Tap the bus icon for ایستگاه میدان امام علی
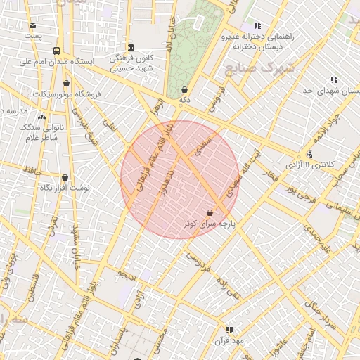pos(57,51)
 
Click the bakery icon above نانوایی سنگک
pos(41,117)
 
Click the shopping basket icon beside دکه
pos(184,90)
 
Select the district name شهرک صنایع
pos(250,68)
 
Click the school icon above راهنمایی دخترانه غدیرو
pos(257,25)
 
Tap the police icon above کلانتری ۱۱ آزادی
pos(309,154)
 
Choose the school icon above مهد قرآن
pos(229,329)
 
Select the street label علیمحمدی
pos(316,238)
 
